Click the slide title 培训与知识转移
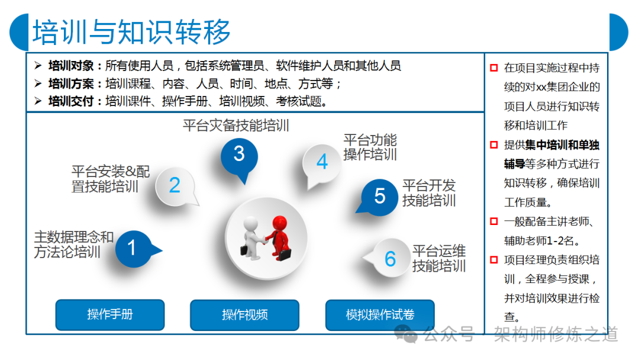click(x=131, y=32)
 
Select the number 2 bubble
click(x=176, y=187)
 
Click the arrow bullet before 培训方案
click(x=38, y=83)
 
